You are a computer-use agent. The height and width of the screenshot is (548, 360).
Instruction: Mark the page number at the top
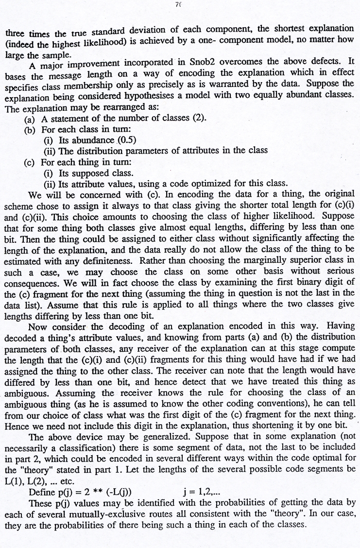[179, 5]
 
